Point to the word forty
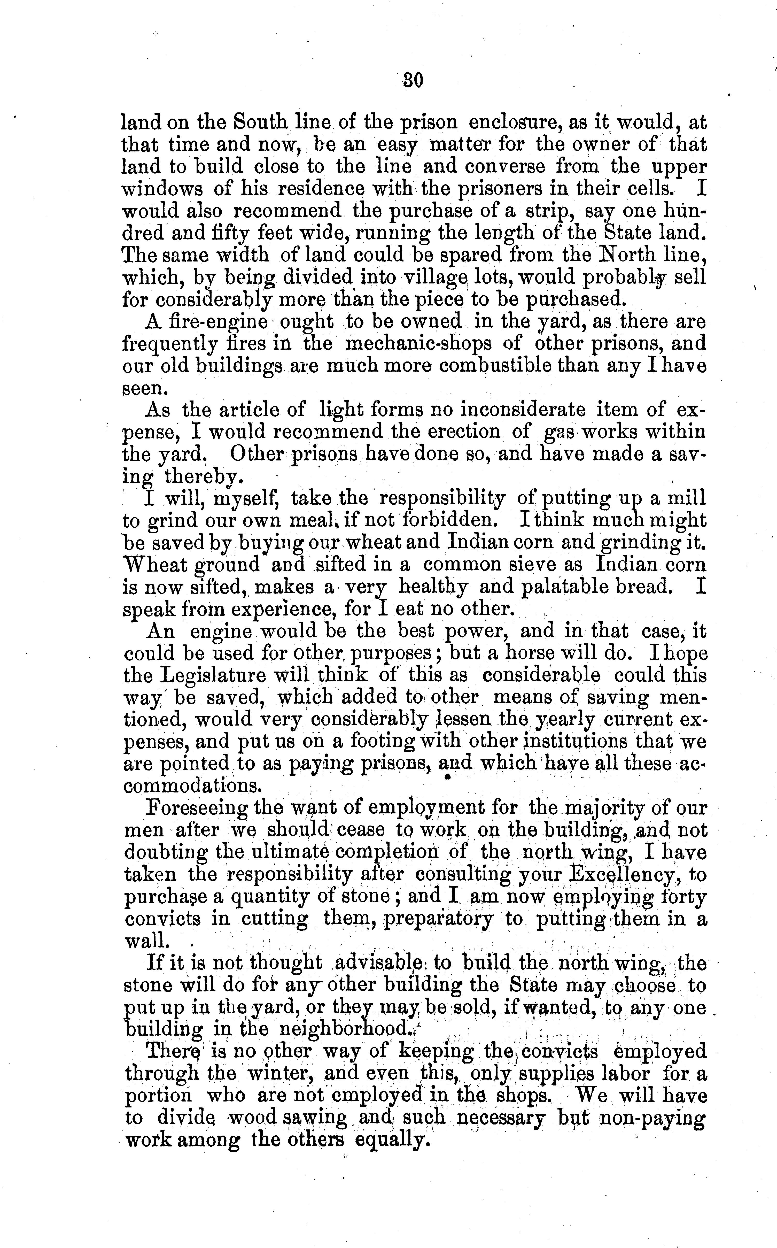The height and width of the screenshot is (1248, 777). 685,897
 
